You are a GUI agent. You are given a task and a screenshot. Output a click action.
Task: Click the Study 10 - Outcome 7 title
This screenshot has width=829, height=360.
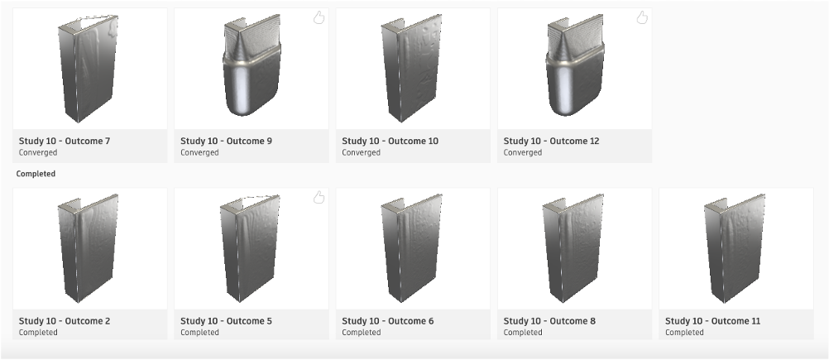pos(65,142)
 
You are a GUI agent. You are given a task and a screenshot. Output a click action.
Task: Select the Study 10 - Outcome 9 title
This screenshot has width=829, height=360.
pos(227,142)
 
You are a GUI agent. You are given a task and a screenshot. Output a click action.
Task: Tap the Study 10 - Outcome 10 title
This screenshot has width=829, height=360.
pos(391,142)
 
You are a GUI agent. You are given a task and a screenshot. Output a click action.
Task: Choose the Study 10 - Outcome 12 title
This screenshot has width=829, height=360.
pos(552,142)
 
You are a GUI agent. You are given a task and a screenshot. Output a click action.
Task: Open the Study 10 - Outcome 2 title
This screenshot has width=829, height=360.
pos(65,321)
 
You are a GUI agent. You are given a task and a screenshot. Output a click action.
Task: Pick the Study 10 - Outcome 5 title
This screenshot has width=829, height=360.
pos(227,321)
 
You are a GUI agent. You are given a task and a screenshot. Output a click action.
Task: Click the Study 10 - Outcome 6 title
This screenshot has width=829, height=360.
pos(388,321)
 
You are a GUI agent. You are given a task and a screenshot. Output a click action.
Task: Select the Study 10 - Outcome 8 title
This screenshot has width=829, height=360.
pos(549,321)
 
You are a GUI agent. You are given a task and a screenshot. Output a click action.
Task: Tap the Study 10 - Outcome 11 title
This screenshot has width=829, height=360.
pos(712,321)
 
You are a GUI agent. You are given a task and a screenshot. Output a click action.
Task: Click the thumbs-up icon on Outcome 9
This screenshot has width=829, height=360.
pos(319,18)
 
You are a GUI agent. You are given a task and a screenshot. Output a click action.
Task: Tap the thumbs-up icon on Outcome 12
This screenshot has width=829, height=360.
pos(642,18)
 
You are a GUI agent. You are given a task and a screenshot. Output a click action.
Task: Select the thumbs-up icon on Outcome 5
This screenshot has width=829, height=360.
pos(319,198)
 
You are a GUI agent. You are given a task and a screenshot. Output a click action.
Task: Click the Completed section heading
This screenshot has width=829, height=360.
pos(36,174)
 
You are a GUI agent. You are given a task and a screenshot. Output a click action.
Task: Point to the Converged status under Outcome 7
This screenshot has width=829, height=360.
pos(38,153)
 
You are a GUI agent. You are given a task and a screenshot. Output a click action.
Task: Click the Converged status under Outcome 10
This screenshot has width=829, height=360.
pos(361,153)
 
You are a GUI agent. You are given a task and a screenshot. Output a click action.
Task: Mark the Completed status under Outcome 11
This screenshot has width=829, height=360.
pos(684,333)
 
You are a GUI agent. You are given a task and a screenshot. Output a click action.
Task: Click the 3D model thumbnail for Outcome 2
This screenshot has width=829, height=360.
pos(88,248)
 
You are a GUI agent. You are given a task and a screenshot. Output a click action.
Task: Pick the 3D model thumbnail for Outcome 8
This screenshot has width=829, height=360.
pos(573,248)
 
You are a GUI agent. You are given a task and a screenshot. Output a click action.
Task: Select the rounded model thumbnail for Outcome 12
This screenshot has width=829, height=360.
pos(575,65)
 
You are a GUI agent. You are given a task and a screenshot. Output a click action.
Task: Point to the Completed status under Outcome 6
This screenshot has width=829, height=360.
pos(361,333)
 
